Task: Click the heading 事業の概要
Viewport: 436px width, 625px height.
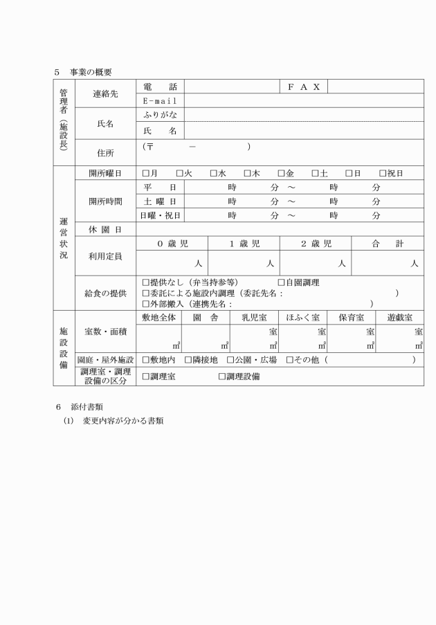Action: tap(90, 71)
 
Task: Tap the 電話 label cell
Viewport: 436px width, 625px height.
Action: tap(159, 87)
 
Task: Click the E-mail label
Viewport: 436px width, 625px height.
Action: tap(159, 100)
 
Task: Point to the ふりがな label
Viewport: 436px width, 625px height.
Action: tap(159, 114)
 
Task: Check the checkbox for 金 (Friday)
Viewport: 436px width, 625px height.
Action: tap(282, 173)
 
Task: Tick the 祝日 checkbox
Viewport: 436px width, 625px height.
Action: tap(383, 173)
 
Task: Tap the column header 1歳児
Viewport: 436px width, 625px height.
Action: tap(244, 244)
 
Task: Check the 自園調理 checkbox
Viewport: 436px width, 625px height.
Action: tap(282, 282)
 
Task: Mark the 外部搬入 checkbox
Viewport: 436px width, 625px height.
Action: tap(146, 303)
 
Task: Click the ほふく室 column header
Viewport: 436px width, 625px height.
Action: tap(302, 318)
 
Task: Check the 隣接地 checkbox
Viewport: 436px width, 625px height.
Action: tap(188, 360)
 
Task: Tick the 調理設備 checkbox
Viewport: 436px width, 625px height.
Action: tap(222, 376)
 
